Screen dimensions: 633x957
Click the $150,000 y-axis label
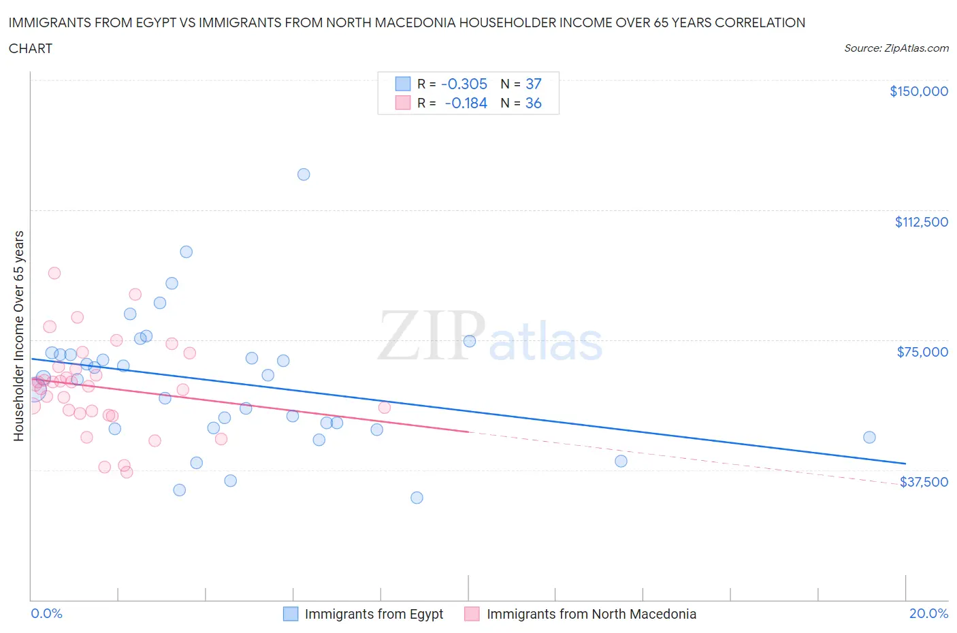pyautogui.click(x=918, y=91)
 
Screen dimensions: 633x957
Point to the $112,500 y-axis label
pyautogui.click(x=921, y=222)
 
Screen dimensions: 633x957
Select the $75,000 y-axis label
pyautogui.click(x=922, y=352)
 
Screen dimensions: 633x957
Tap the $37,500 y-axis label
pyautogui.click(x=924, y=482)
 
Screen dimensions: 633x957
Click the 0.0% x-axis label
pyautogui.click(x=46, y=613)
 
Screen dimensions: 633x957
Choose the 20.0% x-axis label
pyautogui.click(x=928, y=613)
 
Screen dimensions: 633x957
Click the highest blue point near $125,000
pyautogui.click(x=304, y=174)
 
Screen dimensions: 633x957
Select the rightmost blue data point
pyautogui.click(x=869, y=437)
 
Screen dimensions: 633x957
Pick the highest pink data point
pyautogui.click(x=54, y=273)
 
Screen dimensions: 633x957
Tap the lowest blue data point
pyautogui.click(x=417, y=498)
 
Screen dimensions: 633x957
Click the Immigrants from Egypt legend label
pyautogui.click(x=374, y=614)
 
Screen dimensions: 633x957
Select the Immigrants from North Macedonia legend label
pyautogui.click(x=591, y=614)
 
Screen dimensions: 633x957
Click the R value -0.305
pyautogui.click(x=464, y=84)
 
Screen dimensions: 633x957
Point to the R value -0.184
pyautogui.click(x=466, y=103)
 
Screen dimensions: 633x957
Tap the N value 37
pyautogui.click(x=533, y=84)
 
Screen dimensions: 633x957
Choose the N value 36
pyautogui.click(x=533, y=103)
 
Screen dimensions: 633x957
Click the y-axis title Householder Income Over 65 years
pyautogui.click(x=19, y=336)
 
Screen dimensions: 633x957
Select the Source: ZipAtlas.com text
pyautogui.click(x=896, y=48)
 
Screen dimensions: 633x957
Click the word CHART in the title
pyautogui.click(x=31, y=48)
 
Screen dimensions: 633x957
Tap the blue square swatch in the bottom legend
pyautogui.click(x=291, y=614)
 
